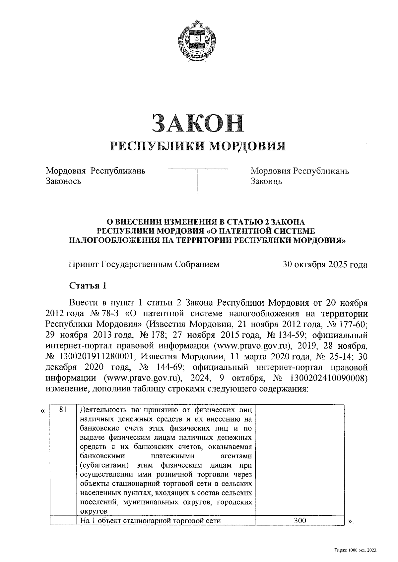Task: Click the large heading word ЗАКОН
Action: point(198,123)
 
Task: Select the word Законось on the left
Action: point(63,181)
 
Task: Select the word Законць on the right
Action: point(266,181)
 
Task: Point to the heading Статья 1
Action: point(87,285)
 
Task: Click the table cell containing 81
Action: point(63,409)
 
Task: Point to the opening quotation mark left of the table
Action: point(42,411)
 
